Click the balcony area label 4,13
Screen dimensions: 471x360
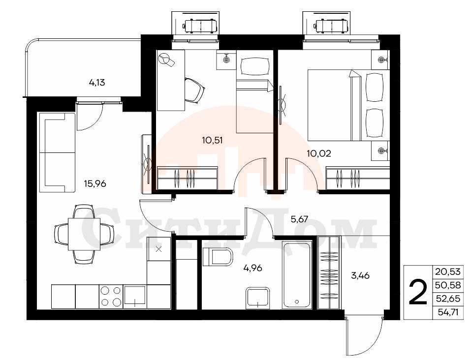click(x=97, y=82)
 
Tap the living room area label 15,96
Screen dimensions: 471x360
click(x=95, y=183)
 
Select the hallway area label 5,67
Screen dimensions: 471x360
click(x=299, y=219)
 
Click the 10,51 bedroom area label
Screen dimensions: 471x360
click(x=213, y=140)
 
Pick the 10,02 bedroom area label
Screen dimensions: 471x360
click(x=319, y=153)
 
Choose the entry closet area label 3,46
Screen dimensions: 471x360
click(x=360, y=275)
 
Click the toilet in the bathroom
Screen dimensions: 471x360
click(x=218, y=257)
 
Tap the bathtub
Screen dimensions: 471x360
click(x=297, y=275)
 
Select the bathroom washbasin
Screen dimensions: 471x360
click(x=258, y=298)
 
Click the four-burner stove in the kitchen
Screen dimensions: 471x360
click(x=111, y=296)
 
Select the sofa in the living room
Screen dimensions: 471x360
click(x=57, y=152)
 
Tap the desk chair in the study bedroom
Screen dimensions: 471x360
click(x=194, y=90)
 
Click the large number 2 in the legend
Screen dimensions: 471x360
click(x=418, y=292)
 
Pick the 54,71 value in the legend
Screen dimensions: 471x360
click(x=448, y=312)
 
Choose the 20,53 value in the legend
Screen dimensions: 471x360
click(x=447, y=272)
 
